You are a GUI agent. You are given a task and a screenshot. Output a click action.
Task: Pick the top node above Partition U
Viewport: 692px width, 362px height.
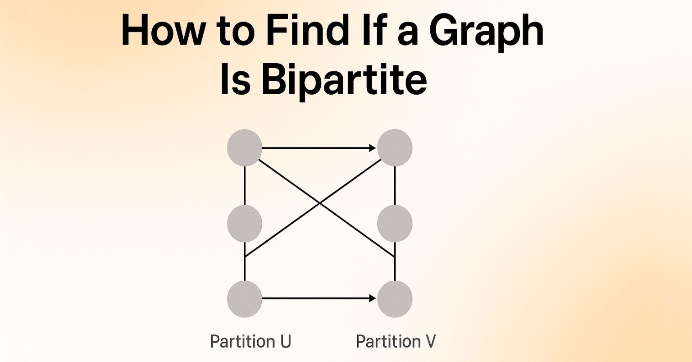pyautogui.click(x=245, y=148)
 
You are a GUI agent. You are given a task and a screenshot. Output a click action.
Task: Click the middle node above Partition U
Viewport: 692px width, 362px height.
pyautogui.click(x=245, y=223)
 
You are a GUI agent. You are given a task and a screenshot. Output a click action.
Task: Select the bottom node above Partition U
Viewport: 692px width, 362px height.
pyautogui.click(x=245, y=298)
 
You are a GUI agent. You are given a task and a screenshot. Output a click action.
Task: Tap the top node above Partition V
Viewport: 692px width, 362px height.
pyautogui.click(x=395, y=148)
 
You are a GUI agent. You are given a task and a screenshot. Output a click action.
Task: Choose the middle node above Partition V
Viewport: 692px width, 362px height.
pyautogui.click(x=395, y=223)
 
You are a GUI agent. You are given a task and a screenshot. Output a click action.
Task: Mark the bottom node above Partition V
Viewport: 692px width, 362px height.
pyautogui.click(x=395, y=298)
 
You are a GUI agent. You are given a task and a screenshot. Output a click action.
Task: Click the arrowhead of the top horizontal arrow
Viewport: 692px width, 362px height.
pyautogui.click(x=373, y=148)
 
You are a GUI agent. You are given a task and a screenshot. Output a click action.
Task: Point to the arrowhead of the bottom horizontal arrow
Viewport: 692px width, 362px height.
pyautogui.click(x=373, y=298)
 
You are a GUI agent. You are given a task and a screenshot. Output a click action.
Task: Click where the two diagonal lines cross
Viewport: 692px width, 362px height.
pyautogui.click(x=320, y=203)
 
